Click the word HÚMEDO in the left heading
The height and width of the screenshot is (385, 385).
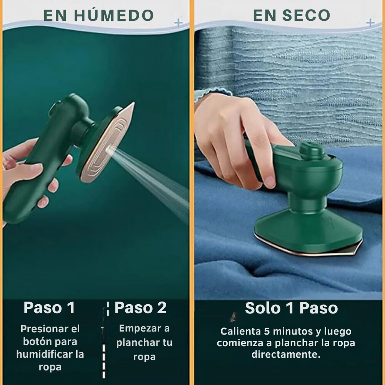(x=114, y=15)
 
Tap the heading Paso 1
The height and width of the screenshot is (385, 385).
(x=49, y=307)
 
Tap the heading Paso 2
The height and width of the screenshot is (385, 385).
(x=140, y=307)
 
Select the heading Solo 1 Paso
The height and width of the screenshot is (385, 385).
(x=292, y=308)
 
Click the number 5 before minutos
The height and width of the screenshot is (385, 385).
(x=267, y=331)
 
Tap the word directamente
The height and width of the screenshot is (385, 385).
(x=286, y=354)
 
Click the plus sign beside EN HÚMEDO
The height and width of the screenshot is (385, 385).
(x=178, y=23)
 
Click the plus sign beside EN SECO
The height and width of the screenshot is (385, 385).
(x=370, y=23)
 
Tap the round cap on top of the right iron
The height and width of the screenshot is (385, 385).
(x=312, y=150)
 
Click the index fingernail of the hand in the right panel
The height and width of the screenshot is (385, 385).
(x=269, y=182)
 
